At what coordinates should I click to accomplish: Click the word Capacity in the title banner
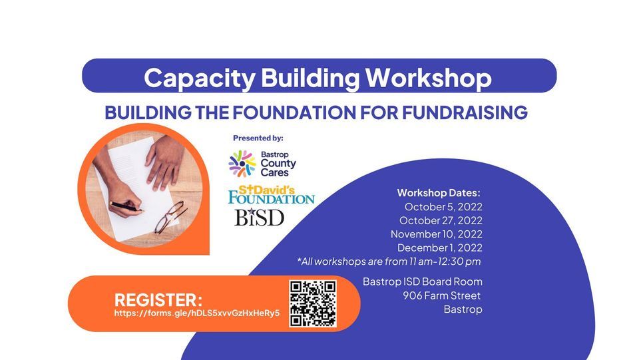click(200, 78)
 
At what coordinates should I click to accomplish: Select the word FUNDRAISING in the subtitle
click(465, 113)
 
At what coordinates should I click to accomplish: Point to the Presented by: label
click(258, 138)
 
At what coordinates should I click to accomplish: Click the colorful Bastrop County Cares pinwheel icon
click(242, 164)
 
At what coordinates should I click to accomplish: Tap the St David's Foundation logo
click(272, 195)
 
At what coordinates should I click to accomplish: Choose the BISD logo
click(259, 217)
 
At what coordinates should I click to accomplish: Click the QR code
click(313, 303)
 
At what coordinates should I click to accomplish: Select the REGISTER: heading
click(158, 300)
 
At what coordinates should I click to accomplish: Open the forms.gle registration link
click(197, 313)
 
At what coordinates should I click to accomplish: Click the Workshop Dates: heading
click(439, 192)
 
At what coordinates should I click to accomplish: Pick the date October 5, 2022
click(443, 207)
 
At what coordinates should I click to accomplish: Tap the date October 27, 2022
click(441, 221)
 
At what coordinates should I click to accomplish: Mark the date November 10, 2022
click(437, 234)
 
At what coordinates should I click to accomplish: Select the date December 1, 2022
click(440, 248)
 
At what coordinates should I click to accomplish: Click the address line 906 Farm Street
click(442, 295)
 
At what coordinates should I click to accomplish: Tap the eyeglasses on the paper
click(171, 218)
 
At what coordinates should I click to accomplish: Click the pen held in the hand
click(126, 206)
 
